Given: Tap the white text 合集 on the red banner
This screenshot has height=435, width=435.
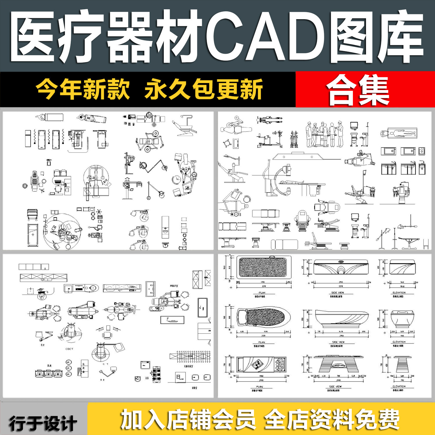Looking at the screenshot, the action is coord(358,90).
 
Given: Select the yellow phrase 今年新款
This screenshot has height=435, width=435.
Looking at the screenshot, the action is coord(83,89).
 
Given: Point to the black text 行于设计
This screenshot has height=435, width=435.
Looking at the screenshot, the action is coord(43,423).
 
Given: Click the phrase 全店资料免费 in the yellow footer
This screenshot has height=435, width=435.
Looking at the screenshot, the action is coord(332,419).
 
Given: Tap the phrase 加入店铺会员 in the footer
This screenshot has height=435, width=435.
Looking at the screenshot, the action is coord(188,419).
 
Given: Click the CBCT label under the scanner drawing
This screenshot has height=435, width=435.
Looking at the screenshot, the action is coord(69,349).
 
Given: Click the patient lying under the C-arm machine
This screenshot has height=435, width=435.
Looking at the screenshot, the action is coord(291,182).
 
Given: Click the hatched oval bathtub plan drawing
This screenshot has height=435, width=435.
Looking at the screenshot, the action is coord(262,317).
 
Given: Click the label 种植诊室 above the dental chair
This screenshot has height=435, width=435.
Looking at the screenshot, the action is coord(174,286).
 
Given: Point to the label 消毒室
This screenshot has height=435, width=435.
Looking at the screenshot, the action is coord(194,388).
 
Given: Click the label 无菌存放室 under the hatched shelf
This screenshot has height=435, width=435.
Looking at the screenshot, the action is coord(188,366).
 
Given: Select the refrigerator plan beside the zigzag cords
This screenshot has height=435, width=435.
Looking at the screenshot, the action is coord(28,139).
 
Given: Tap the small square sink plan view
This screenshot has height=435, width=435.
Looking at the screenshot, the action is coord(422,151).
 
